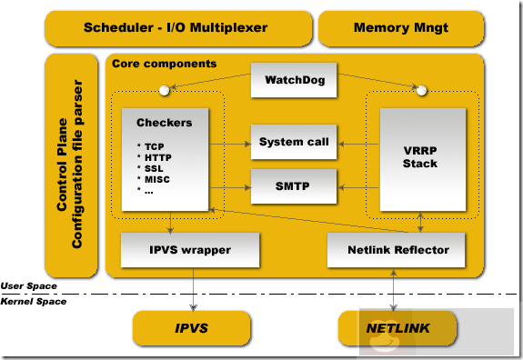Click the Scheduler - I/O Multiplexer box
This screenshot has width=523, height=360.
point(176,28)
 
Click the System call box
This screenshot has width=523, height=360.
point(294,143)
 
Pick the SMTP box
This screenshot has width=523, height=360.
point(294,185)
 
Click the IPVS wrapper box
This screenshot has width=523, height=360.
point(189,248)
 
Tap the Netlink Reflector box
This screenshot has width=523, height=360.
point(399,248)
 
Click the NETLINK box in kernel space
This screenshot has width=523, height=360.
point(398,328)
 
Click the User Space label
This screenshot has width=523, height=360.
point(29,286)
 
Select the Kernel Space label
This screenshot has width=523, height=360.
point(33,301)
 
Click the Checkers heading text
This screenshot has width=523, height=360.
point(159,123)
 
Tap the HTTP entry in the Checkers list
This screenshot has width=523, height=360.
point(157,156)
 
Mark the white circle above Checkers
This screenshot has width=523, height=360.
point(166,90)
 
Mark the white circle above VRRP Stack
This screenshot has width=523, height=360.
point(419,90)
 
